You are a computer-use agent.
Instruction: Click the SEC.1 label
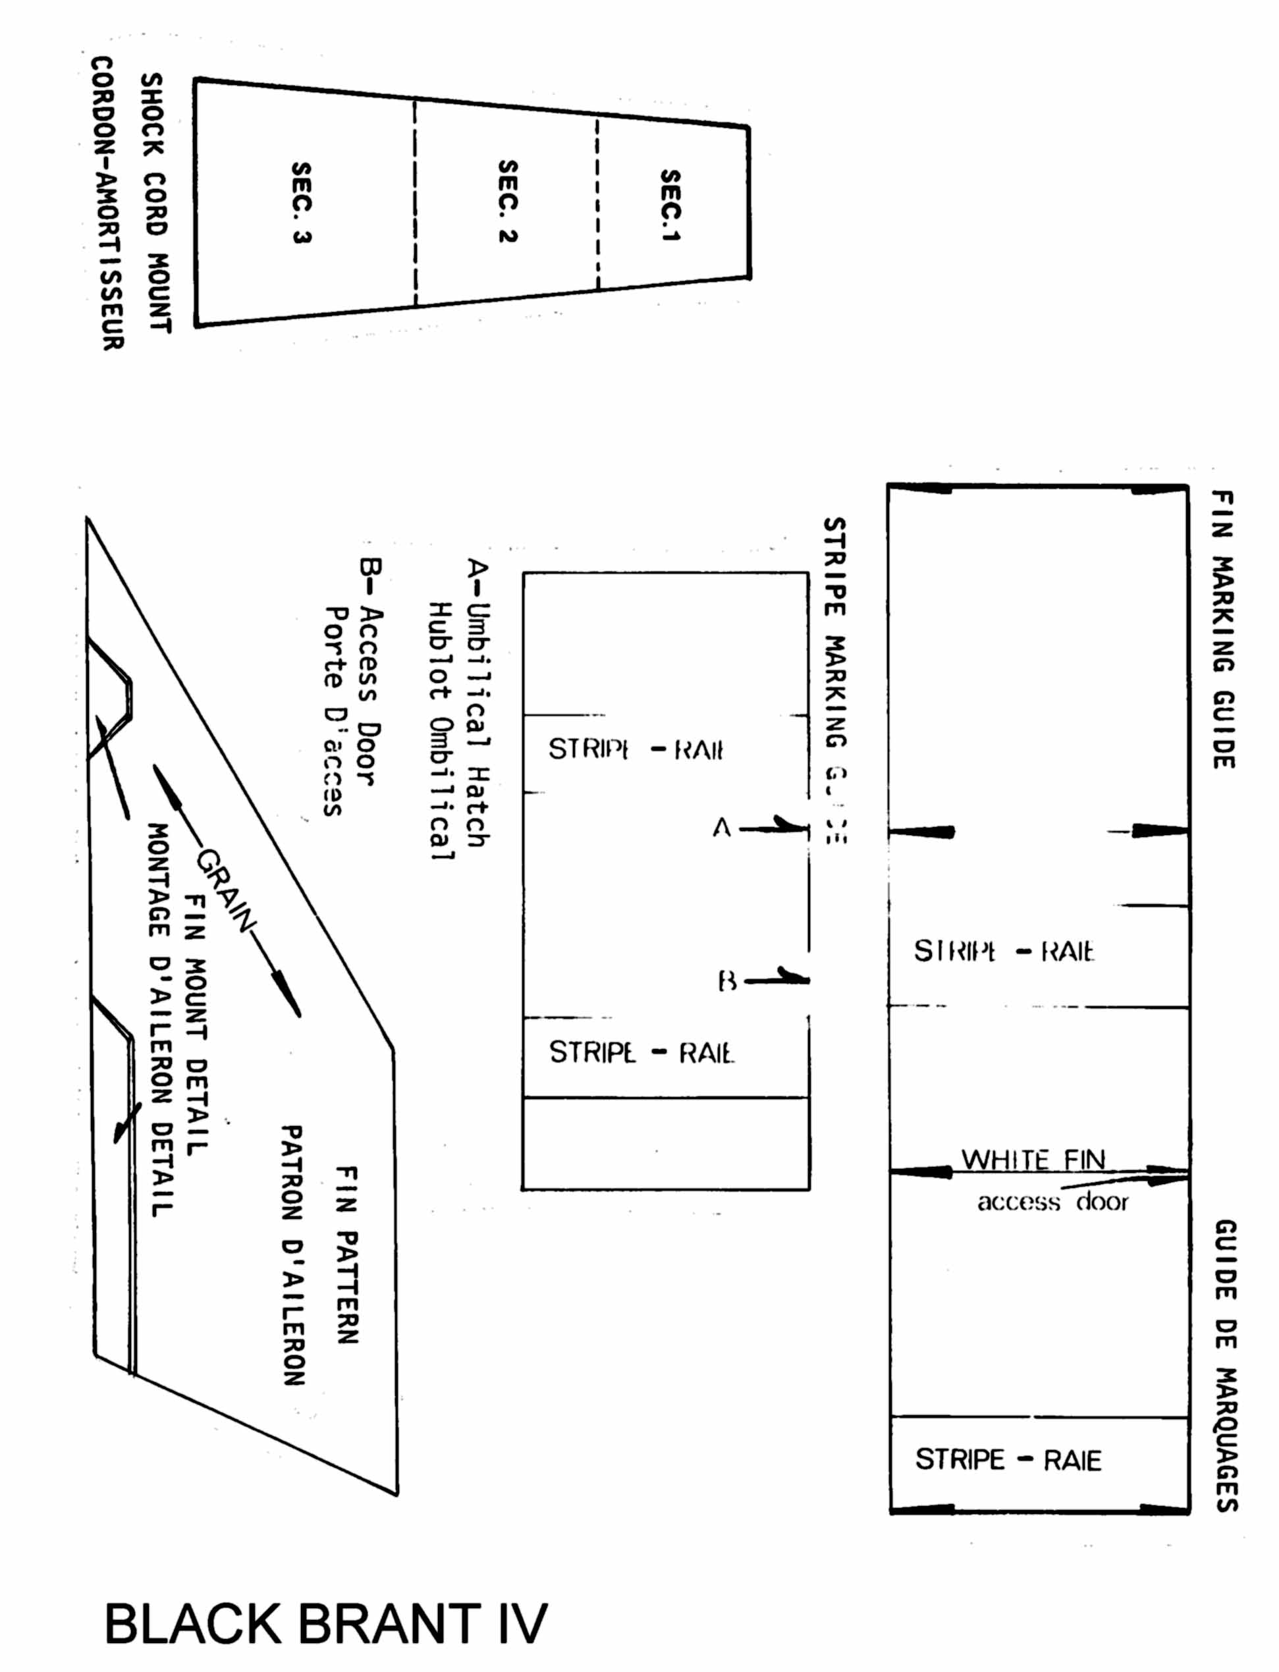670,205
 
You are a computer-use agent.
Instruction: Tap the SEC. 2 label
508,201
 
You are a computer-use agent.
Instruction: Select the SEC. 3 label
302,202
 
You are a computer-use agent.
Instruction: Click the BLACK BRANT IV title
325,1623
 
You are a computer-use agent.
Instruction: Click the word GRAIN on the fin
226,890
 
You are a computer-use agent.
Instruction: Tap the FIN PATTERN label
346,1255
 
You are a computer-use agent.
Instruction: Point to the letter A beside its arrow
722,827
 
